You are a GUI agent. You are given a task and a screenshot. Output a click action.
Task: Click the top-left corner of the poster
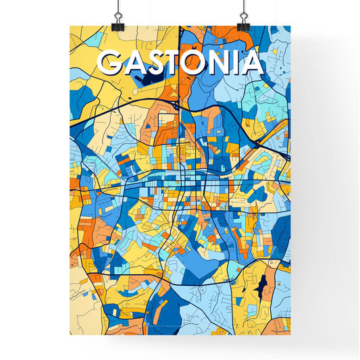[x=70, y=26]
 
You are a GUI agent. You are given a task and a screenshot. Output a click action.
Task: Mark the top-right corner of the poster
[x=290, y=26]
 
